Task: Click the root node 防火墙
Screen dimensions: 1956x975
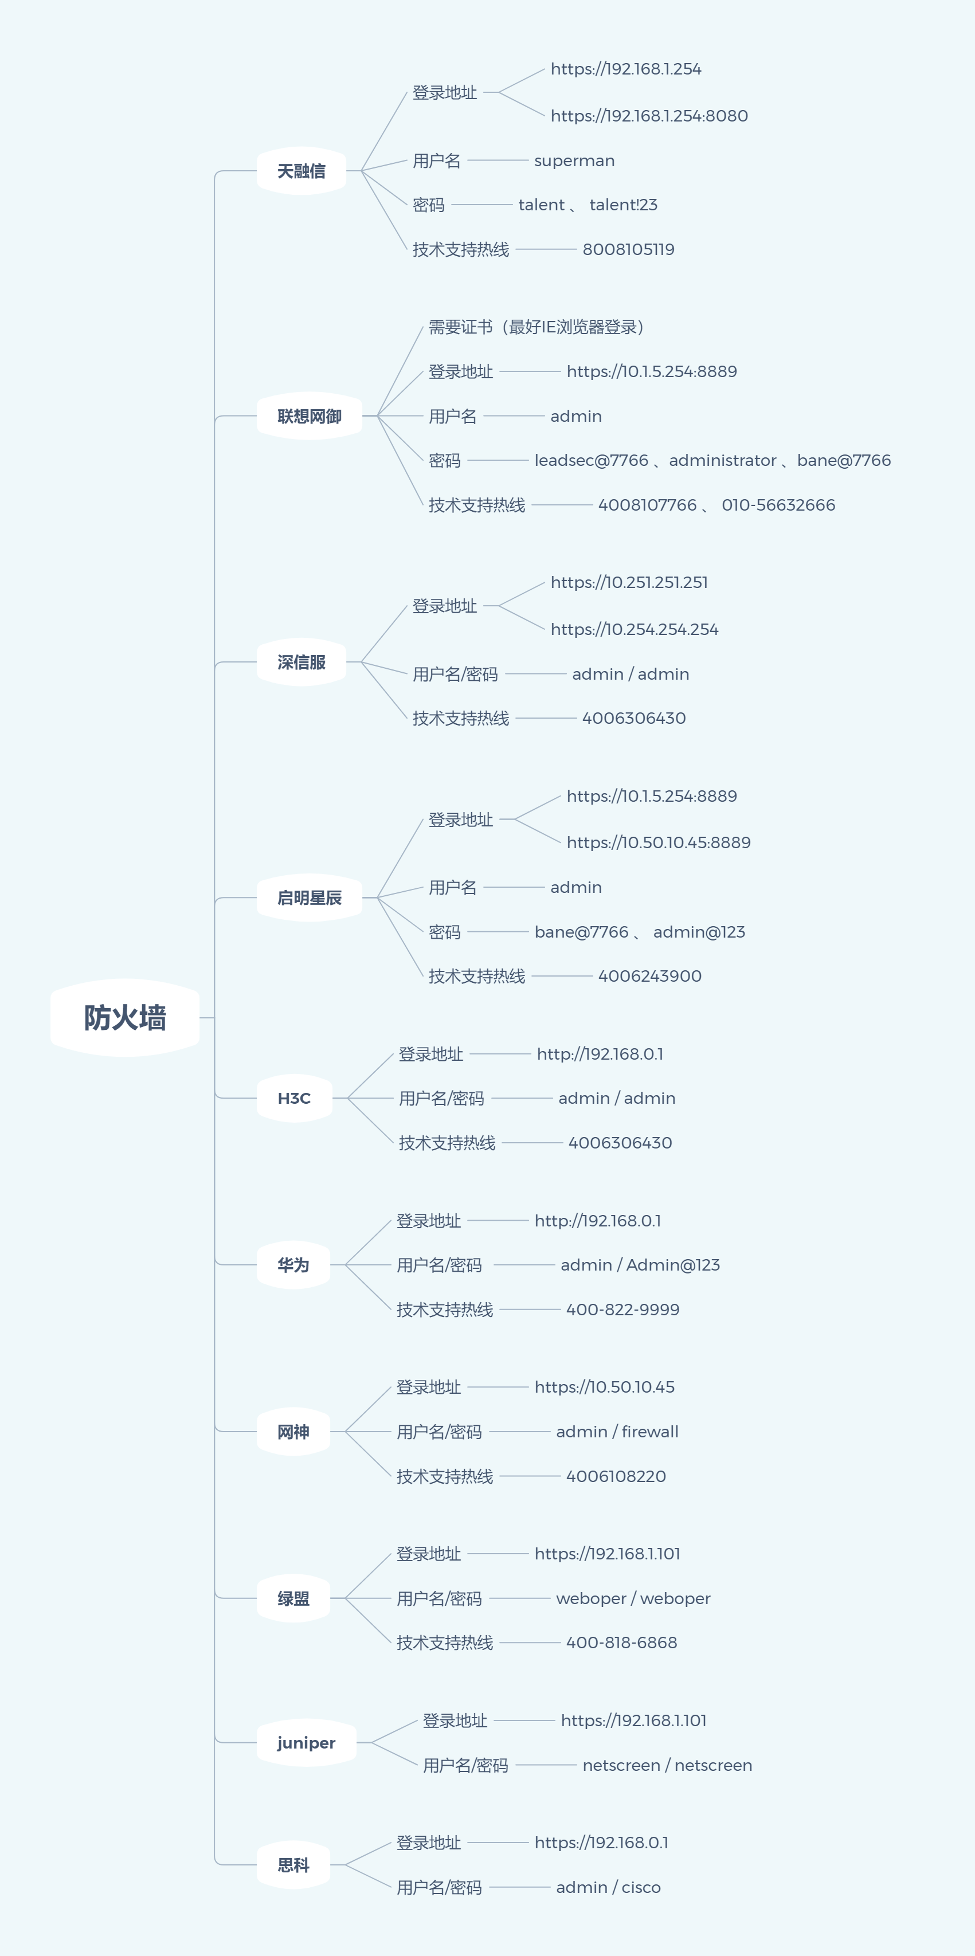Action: (x=126, y=1017)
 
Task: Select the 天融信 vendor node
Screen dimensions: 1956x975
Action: (x=301, y=171)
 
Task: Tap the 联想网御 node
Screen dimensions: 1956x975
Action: (x=309, y=416)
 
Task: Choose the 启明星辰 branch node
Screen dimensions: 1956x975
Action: (x=309, y=897)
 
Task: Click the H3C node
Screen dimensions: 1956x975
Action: (x=294, y=1098)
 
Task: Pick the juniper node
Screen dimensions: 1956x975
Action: (x=306, y=1743)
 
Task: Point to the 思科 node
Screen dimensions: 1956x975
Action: (x=293, y=1865)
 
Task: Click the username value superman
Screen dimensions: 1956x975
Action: (x=574, y=161)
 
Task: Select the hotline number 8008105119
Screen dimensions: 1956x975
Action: (x=628, y=249)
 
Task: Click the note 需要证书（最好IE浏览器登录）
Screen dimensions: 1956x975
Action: (x=536, y=327)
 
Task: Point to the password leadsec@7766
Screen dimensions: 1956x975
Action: (x=591, y=460)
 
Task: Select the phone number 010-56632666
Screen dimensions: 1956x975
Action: (x=778, y=505)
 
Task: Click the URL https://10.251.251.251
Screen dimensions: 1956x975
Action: (x=629, y=582)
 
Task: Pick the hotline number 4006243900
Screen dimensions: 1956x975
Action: (x=649, y=976)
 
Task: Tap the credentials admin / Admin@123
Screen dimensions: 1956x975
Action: (x=639, y=1265)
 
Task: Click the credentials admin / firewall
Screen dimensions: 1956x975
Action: (x=617, y=1431)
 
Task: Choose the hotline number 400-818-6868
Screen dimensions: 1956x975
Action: (x=621, y=1643)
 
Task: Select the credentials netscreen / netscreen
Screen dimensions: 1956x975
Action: (x=667, y=1765)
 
